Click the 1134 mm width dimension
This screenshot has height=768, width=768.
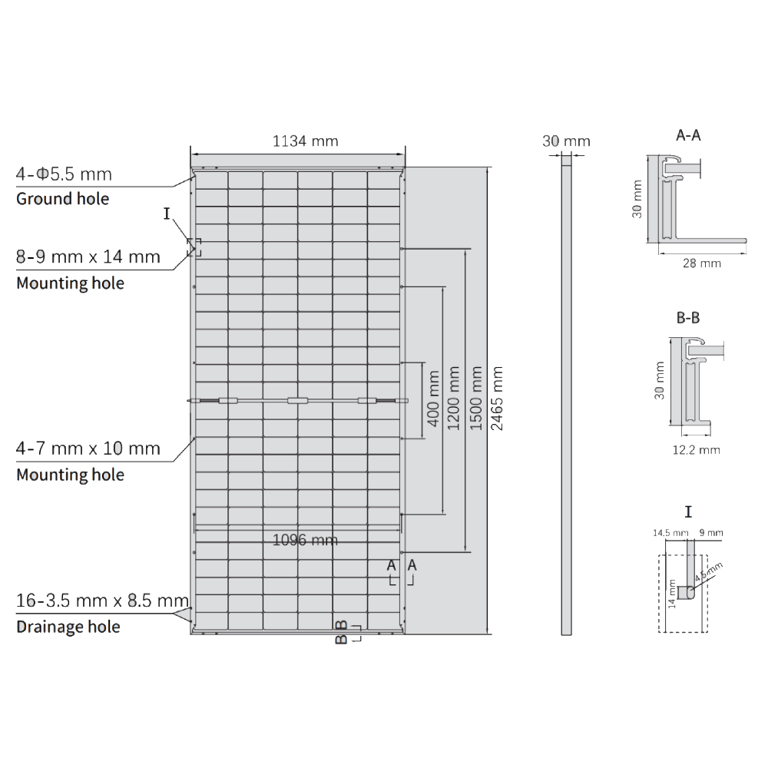[x=305, y=141]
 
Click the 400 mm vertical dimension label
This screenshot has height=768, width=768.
[x=432, y=399]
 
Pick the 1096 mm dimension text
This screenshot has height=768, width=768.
[x=305, y=540]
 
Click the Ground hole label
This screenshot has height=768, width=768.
[x=63, y=199]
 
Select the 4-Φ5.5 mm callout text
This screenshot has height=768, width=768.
[x=64, y=174]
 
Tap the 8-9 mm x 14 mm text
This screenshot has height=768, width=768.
[x=88, y=257]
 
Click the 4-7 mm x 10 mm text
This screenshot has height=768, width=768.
[x=88, y=448]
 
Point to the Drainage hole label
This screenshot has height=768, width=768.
[x=68, y=627]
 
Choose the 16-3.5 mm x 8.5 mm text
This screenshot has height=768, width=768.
[x=102, y=601]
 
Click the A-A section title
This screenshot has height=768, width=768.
[x=688, y=136]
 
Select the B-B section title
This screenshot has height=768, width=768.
[x=687, y=318]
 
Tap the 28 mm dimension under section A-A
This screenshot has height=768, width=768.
[x=702, y=263]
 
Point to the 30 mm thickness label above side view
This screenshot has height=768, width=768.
[x=566, y=141]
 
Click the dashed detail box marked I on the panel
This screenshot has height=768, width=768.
[x=194, y=247]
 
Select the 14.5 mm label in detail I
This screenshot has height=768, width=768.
[x=670, y=532]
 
